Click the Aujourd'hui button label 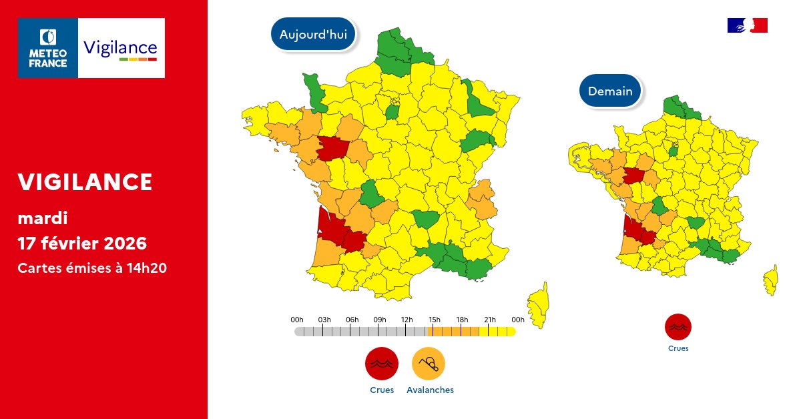pos(313,35)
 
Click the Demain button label pos(610,91)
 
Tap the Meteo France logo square pos(48,48)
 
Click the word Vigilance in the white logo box pos(120,47)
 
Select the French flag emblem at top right pos(747,25)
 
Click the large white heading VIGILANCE pos(85,181)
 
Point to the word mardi pos(43,218)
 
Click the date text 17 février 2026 pos(81,242)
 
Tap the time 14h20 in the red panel pos(148,268)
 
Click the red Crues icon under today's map pos(381,364)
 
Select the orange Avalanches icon pos(429,364)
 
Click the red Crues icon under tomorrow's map pos(678,327)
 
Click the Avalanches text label pos(430,390)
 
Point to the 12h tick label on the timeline pos(407,320)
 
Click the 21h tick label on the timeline pos(490,320)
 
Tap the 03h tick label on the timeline pos(324,320)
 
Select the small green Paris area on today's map pos(392,111)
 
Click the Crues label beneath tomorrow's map pos(678,348)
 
